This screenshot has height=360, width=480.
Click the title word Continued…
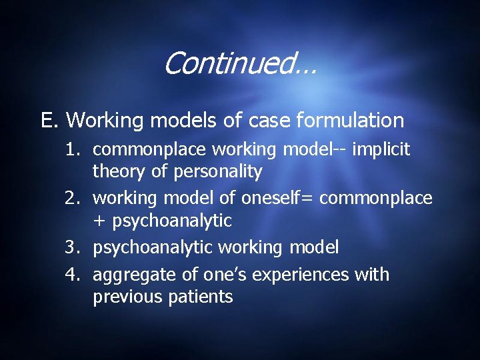click(239, 64)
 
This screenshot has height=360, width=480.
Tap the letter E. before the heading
click(49, 121)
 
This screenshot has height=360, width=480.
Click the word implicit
click(381, 151)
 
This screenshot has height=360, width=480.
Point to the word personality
click(217, 172)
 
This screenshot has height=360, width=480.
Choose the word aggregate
click(130, 275)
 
